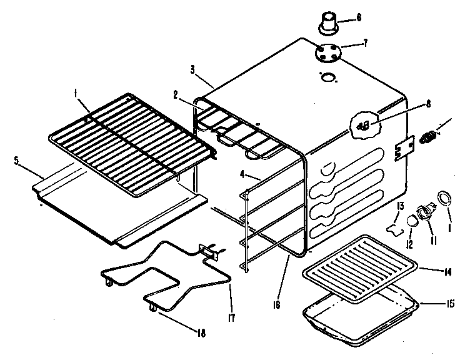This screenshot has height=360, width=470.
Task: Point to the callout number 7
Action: click(x=365, y=44)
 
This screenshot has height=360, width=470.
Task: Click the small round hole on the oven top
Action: click(x=327, y=77)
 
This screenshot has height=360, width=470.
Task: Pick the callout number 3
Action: click(x=194, y=69)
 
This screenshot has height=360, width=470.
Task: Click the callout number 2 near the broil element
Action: click(x=177, y=95)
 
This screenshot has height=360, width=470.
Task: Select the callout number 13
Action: click(x=401, y=205)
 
